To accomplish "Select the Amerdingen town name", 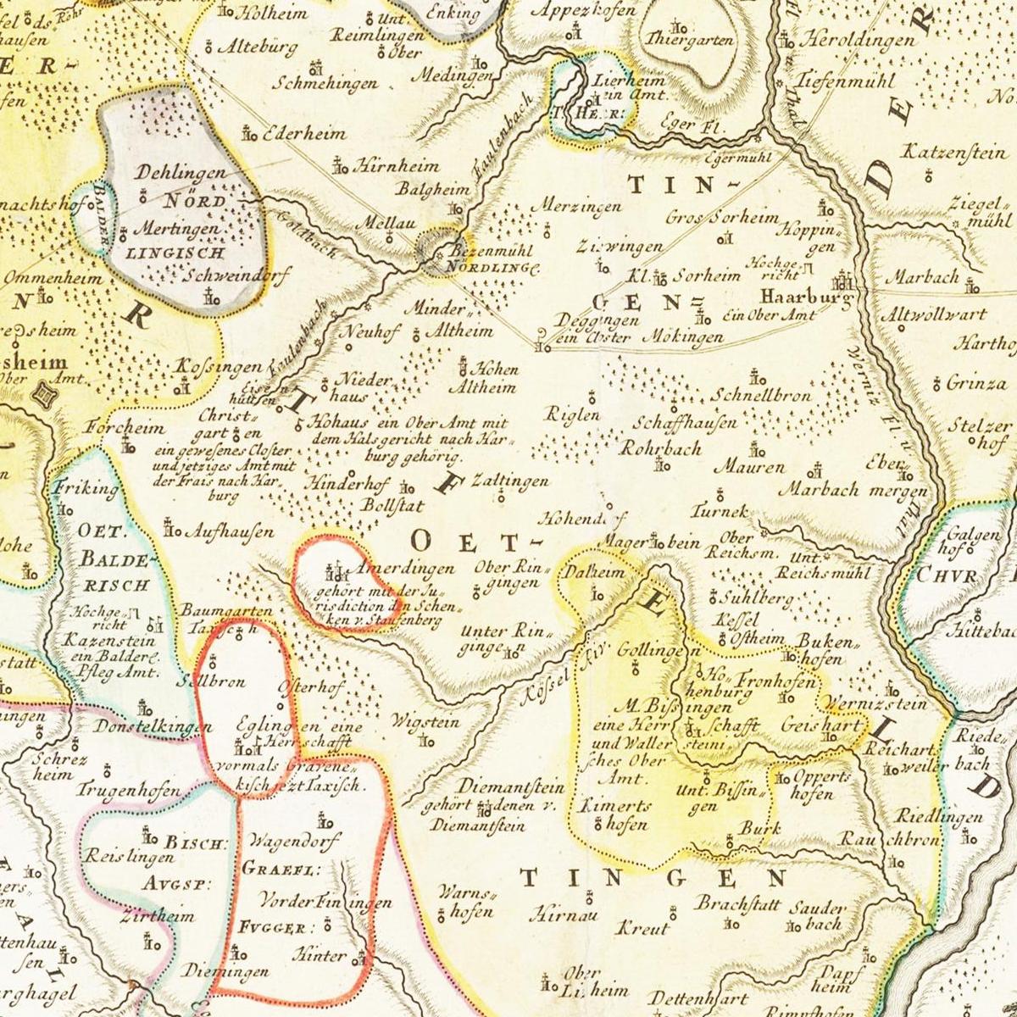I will (405, 569).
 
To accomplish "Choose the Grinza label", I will (976, 383).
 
